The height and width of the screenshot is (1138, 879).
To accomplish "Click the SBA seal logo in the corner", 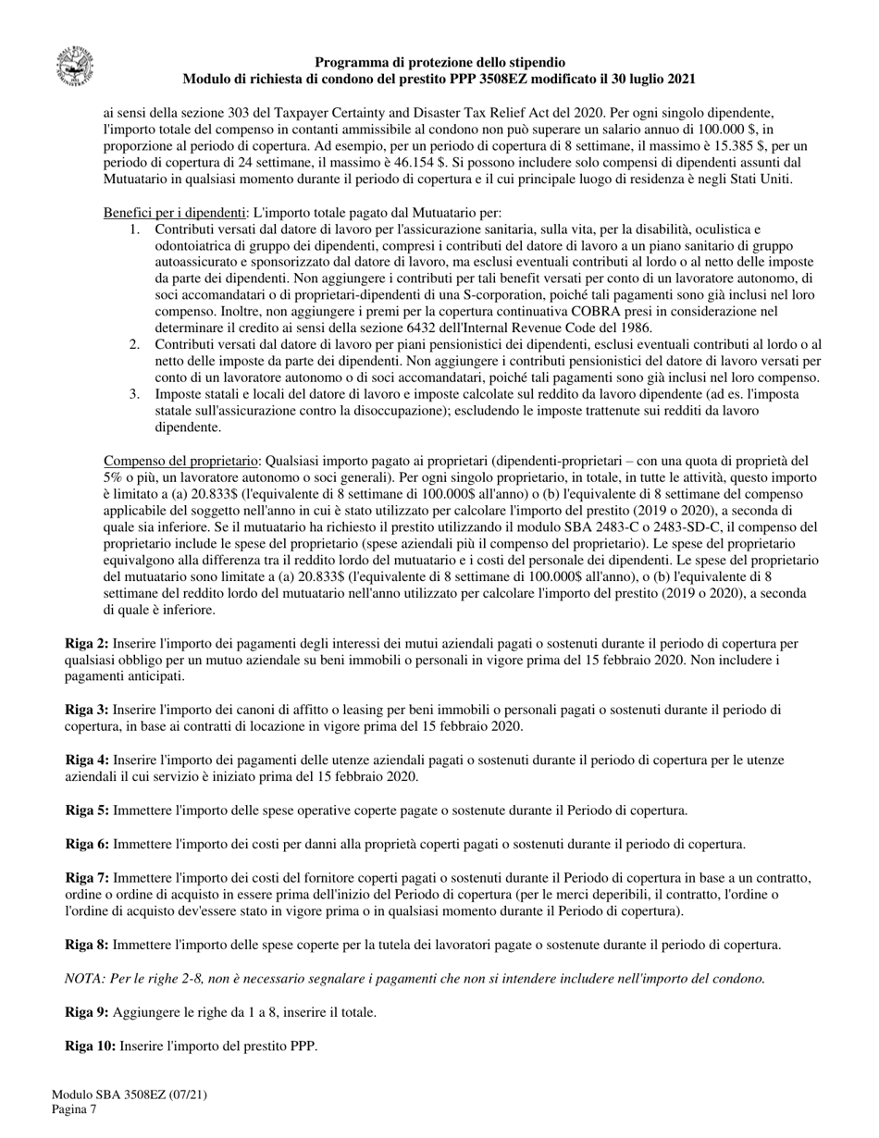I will click(x=74, y=68).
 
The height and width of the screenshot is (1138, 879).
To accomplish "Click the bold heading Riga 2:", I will click(x=86, y=643).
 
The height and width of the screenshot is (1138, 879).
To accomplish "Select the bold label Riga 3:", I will click(x=86, y=710).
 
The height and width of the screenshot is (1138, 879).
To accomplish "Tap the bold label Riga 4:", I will click(x=86, y=760).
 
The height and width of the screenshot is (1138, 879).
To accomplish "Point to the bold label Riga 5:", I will click(x=87, y=810).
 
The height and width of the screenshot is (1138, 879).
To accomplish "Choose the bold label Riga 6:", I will click(x=87, y=844).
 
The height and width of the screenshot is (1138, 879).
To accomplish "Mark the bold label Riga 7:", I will click(x=87, y=877).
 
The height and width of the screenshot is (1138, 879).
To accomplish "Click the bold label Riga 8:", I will click(x=87, y=945).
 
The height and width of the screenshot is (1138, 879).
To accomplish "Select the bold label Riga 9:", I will click(x=87, y=1012).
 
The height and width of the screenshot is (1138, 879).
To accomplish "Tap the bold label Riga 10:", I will click(x=91, y=1045).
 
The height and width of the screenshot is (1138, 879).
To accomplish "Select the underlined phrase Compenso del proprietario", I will click(x=180, y=461).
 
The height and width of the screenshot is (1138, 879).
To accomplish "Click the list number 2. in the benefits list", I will click(x=134, y=344).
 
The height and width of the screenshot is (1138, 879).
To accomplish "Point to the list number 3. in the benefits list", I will click(x=134, y=394).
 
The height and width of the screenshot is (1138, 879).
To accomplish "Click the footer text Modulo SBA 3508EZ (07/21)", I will click(x=129, y=1095).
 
